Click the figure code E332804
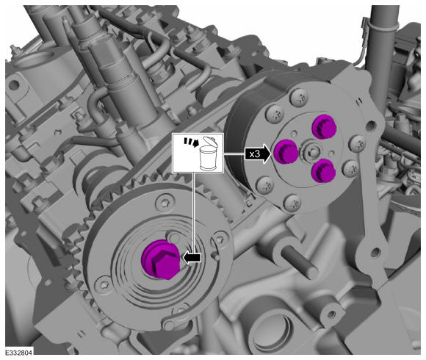19,353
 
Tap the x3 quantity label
255,154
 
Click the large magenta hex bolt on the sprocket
160,259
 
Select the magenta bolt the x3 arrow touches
285,151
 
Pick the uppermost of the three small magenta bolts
324,127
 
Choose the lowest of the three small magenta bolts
323,170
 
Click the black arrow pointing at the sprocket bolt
192,258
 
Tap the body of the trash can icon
208,158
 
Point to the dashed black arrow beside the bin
191,142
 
